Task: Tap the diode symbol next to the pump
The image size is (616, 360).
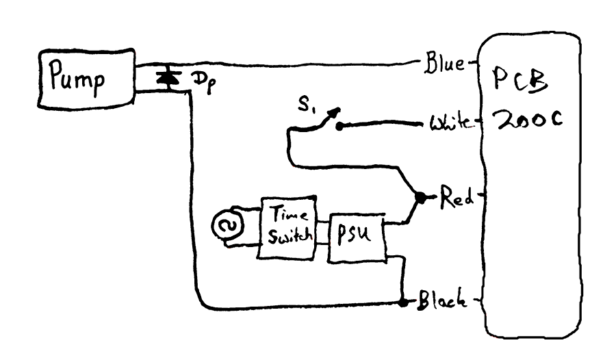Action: coord(164,78)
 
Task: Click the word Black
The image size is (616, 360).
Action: coord(443,299)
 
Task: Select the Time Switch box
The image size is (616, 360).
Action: coord(285,229)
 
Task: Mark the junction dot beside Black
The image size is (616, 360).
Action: coord(402,300)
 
